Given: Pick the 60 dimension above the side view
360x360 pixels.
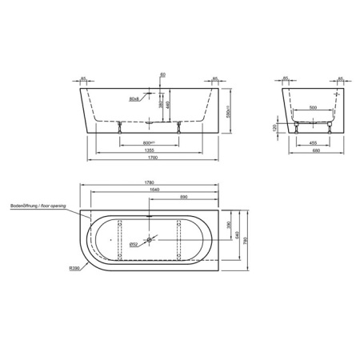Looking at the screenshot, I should (163, 74).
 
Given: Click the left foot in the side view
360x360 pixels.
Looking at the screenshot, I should (120, 124).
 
